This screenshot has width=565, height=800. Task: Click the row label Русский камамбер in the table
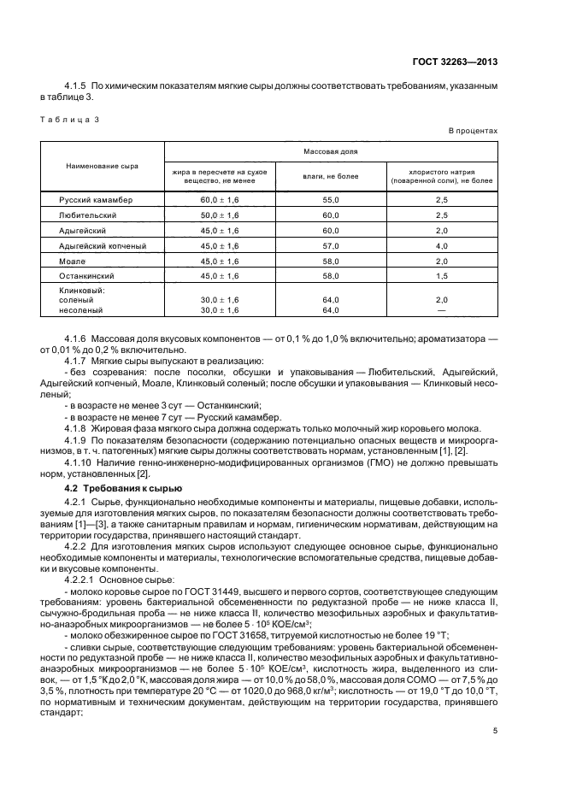[95, 199]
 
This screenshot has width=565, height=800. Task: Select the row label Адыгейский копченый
[102, 246]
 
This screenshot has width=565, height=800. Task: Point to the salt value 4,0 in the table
[441, 246]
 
